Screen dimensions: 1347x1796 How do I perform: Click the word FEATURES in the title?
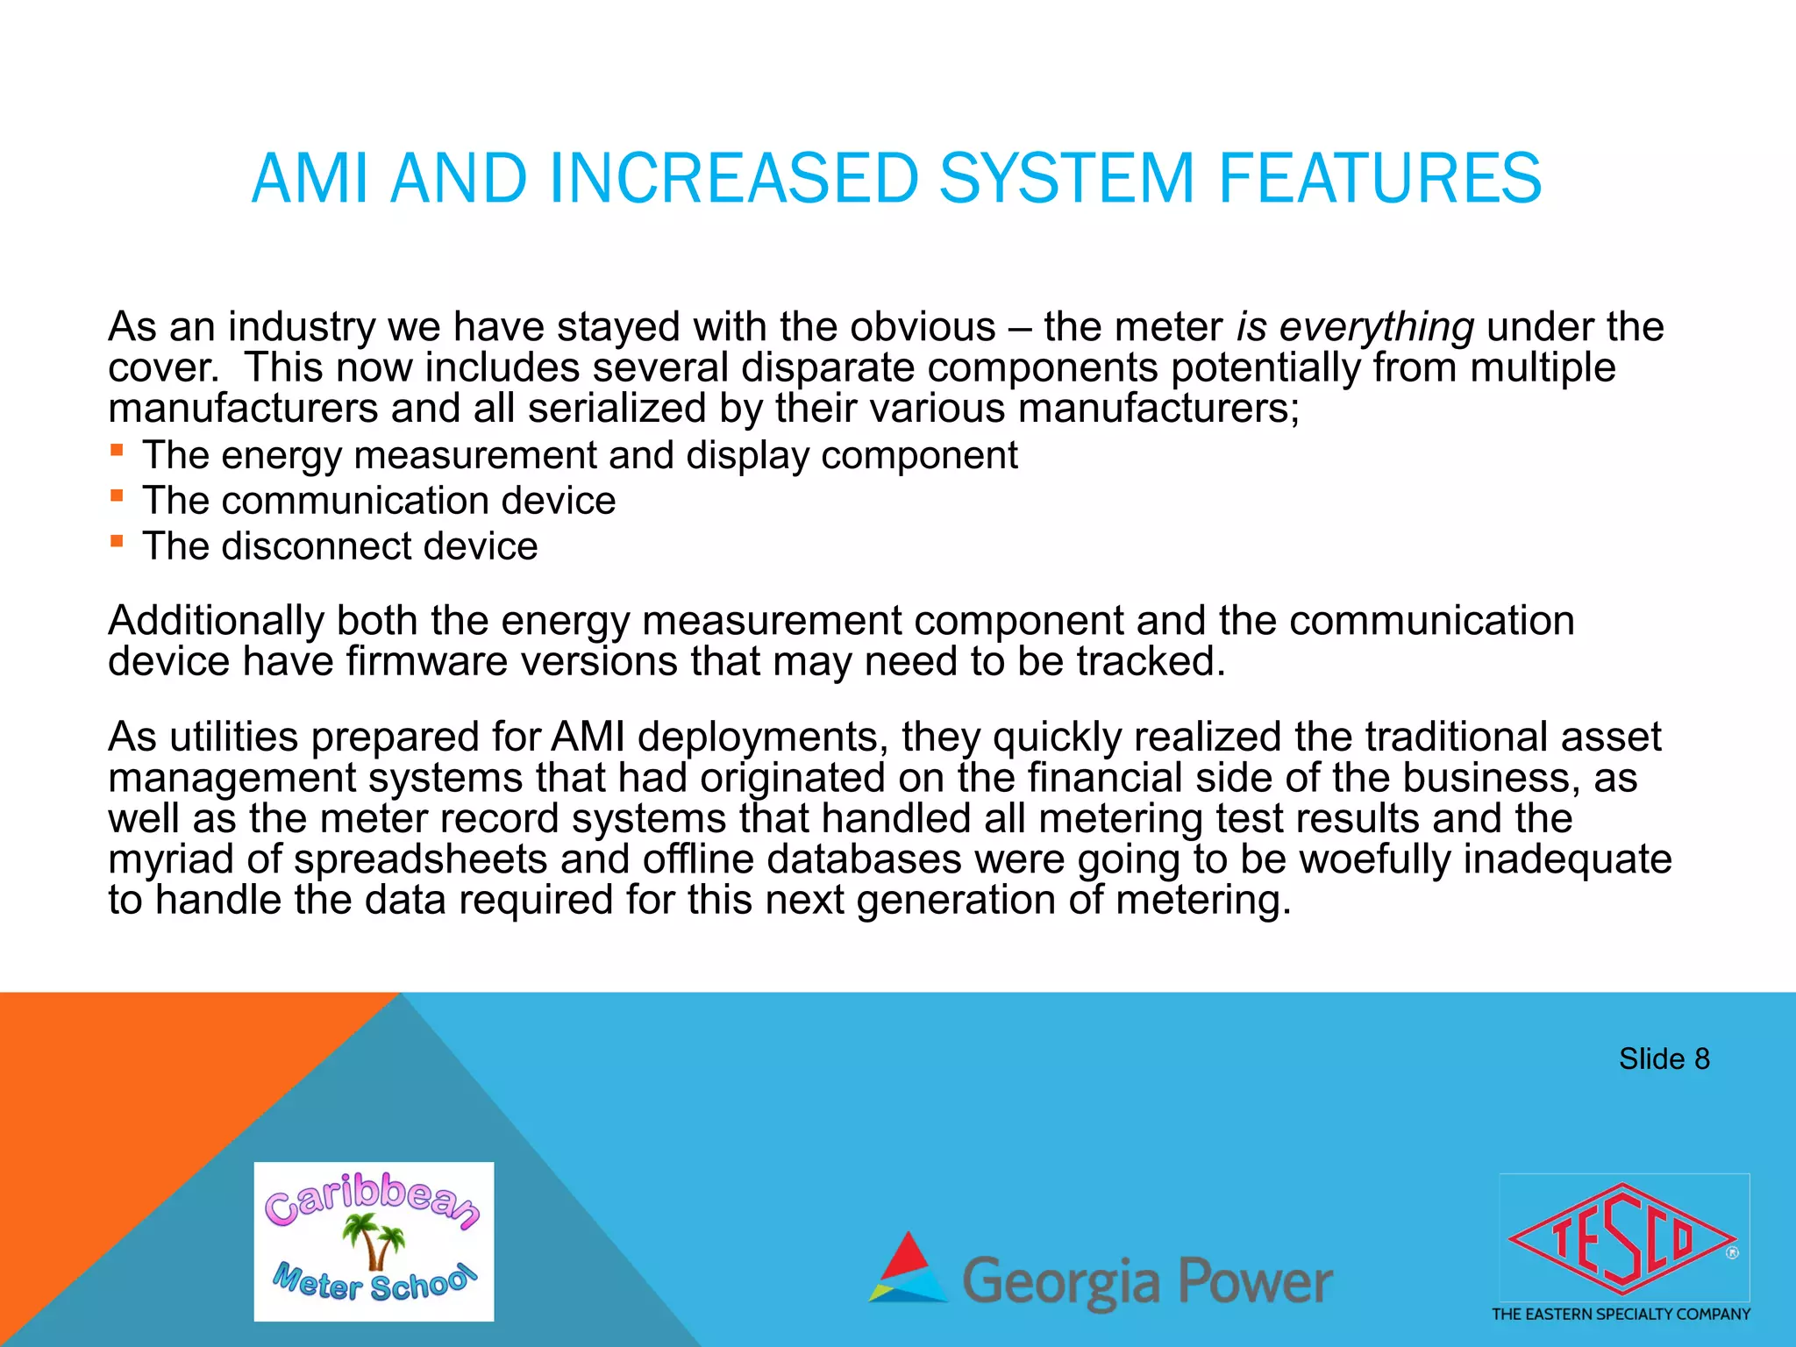pyautogui.click(x=1379, y=178)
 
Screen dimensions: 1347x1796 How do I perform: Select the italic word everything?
pyautogui.click(x=1376, y=327)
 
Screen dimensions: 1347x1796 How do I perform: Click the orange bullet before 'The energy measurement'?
pyautogui.click(x=117, y=452)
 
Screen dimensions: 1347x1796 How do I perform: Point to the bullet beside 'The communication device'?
pyautogui.click(x=117, y=496)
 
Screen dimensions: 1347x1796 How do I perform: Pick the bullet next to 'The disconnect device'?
pyautogui.click(x=117, y=542)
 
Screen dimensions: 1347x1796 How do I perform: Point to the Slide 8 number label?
pyautogui.click(x=1664, y=1059)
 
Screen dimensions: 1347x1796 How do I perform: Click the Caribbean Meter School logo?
pyautogui.click(x=374, y=1241)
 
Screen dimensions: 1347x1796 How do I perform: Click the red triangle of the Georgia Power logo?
pyautogui.click(x=908, y=1254)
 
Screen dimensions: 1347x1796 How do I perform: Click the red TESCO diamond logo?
pyautogui.click(x=1622, y=1239)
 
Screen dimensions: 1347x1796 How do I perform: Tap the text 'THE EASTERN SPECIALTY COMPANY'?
pyautogui.click(x=1621, y=1315)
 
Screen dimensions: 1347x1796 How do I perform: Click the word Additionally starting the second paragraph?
pyautogui.click(x=216, y=621)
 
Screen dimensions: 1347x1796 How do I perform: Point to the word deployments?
pyautogui.click(x=759, y=738)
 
